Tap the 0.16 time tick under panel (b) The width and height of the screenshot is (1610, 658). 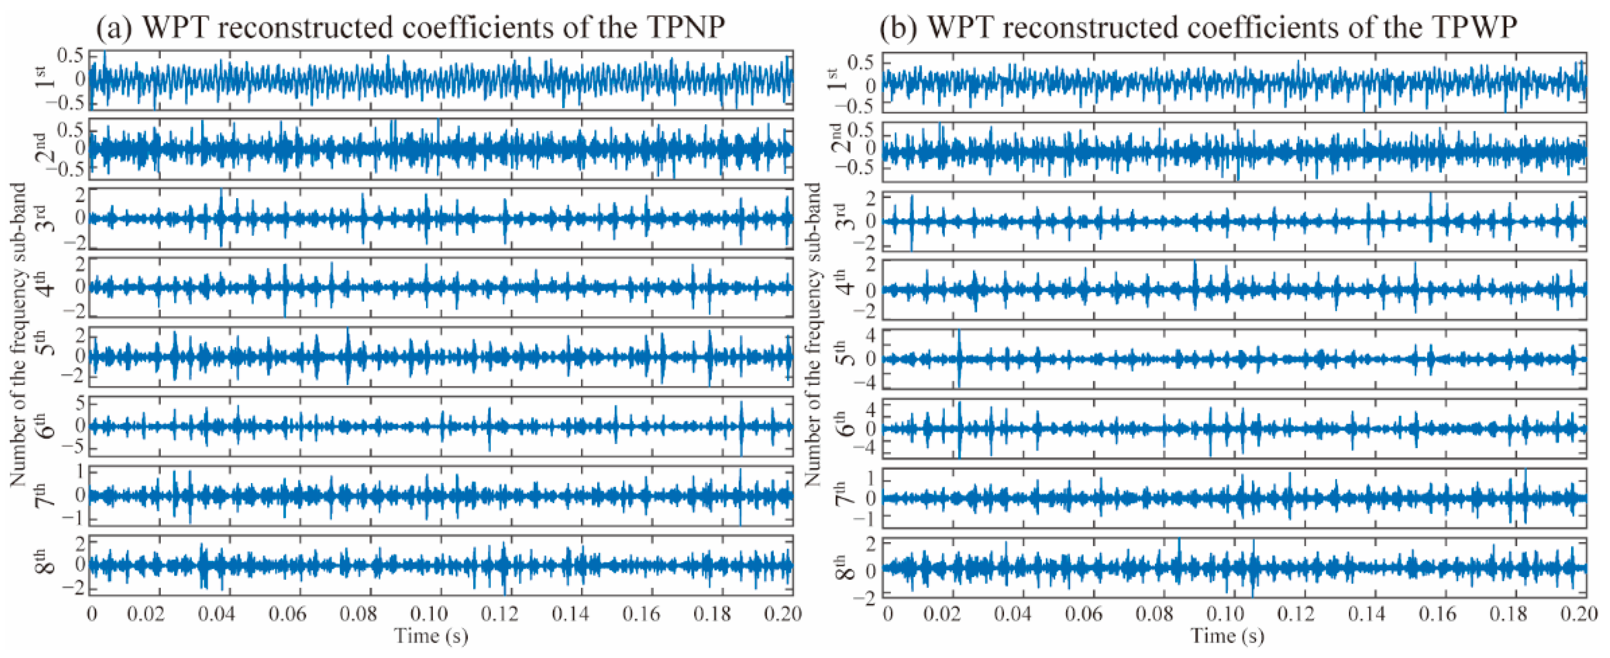pyautogui.click(x=1437, y=614)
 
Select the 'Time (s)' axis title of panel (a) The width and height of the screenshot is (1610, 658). pyautogui.click(x=431, y=637)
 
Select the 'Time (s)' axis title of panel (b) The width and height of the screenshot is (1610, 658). pyautogui.click(x=1227, y=637)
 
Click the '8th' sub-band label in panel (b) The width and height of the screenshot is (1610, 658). pyautogui.click(x=843, y=567)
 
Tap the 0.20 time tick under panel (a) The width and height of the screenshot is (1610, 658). pyautogui.click(x=783, y=614)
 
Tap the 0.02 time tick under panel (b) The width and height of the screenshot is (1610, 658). pyautogui.click(x=941, y=614)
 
